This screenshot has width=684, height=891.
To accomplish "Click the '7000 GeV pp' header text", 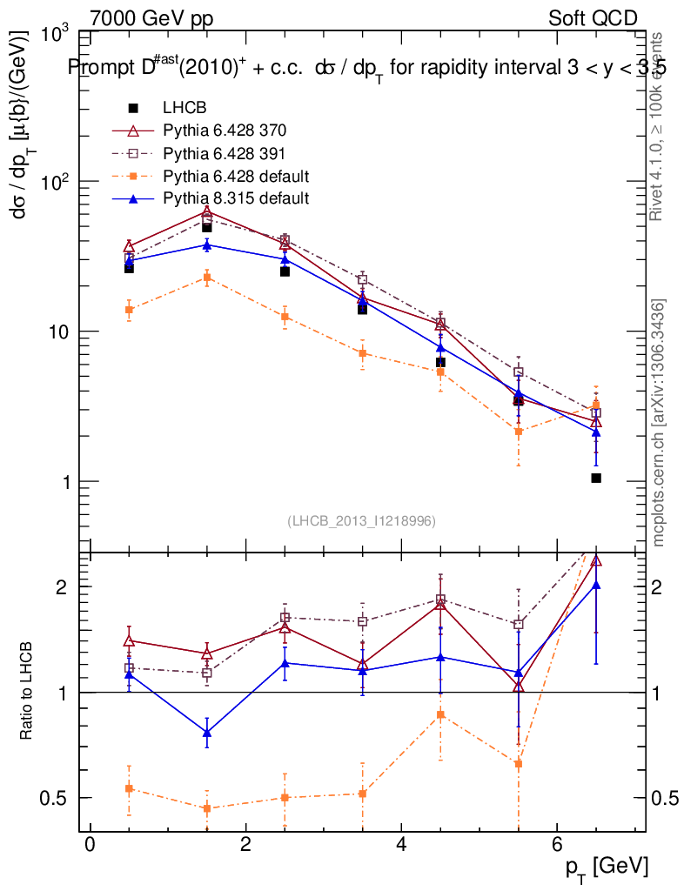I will tap(151, 18).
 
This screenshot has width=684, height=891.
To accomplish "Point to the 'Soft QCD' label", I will tap(593, 18).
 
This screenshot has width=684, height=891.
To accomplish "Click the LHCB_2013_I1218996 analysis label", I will tap(361, 520).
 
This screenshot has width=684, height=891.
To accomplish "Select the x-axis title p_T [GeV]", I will tap(606, 866).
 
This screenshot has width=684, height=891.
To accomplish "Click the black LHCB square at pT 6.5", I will tap(596, 478).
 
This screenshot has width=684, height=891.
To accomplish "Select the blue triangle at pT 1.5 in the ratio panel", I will tap(207, 733).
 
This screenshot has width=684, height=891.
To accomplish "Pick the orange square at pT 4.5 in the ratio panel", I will tap(440, 715).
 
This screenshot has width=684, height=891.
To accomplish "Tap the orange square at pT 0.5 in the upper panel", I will tap(130, 310).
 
